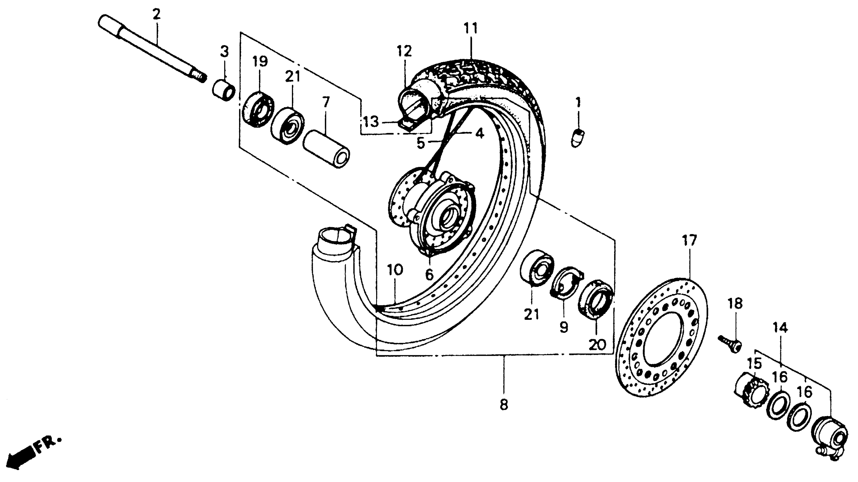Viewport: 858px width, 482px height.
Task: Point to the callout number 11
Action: click(471, 28)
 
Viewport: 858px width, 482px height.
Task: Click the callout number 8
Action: click(504, 405)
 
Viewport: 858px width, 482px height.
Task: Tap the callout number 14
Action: click(780, 328)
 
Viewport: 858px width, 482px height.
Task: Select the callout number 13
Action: click(371, 122)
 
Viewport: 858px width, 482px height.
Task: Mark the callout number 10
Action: click(395, 270)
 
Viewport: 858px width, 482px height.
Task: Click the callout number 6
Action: click(429, 275)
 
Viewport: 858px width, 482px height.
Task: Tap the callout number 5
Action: click(421, 143)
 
